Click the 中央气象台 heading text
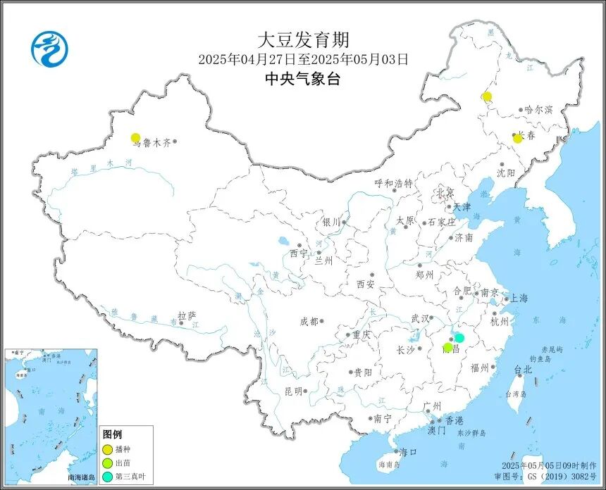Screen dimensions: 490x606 click(302, 79)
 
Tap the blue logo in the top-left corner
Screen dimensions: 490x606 click(49, 49)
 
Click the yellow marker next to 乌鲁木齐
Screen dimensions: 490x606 click(135, 138)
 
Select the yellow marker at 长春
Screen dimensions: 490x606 click(517, 139)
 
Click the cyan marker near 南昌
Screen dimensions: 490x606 click(459, 338)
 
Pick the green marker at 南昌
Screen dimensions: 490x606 click(447, 347)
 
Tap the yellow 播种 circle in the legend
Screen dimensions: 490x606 click(107, 448)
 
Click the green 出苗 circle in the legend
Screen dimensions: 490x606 click(107, 462)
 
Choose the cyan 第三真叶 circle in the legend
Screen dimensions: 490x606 click(107, 475)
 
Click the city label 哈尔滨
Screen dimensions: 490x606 click(540, 111)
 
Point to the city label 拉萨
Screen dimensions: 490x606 click(187, 316)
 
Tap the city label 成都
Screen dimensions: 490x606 click(309, 321)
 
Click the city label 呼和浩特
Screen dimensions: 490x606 click(393, 183)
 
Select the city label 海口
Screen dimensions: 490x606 click(408, 452)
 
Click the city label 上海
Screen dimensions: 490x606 click(519, 298)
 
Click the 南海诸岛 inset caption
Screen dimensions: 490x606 click(81, 478)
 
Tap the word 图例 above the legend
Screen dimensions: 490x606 click(113, 434)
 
